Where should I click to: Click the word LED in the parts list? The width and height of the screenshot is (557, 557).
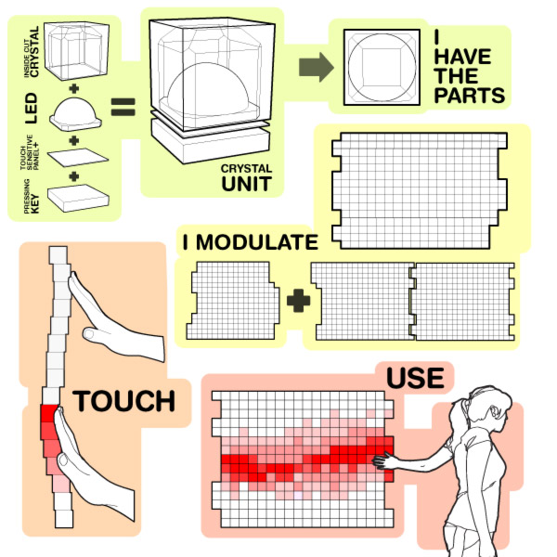coord(32,109)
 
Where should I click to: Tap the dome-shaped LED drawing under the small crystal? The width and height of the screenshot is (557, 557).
coord(75,114)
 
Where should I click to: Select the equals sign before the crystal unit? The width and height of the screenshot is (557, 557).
coord(123,107)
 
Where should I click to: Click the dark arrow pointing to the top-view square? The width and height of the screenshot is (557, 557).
coord(316,67)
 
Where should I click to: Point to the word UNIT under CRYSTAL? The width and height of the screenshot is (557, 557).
coord(247,184)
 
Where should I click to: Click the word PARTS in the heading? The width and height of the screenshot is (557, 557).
coord(469,96)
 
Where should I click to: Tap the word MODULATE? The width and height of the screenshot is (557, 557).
coord(257,242)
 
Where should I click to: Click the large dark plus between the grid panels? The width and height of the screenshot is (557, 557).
coord(298,301)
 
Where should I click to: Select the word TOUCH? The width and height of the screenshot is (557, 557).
coord(124,401)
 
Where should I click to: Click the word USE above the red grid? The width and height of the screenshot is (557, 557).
coord(415,378)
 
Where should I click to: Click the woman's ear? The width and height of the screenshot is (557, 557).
coord(494,411)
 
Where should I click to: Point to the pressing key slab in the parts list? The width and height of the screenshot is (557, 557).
coord(78,198)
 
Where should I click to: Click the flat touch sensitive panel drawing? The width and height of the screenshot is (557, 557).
coord(78,158)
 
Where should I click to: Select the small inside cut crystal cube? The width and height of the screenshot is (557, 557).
coord(76,50)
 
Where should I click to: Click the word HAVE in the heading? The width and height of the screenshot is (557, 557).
coord(462,57)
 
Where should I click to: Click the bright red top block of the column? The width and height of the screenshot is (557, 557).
coord(49,413)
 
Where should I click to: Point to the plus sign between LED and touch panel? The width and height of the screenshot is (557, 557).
coord(74,141)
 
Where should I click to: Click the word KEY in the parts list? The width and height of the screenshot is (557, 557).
coord(35,204)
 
